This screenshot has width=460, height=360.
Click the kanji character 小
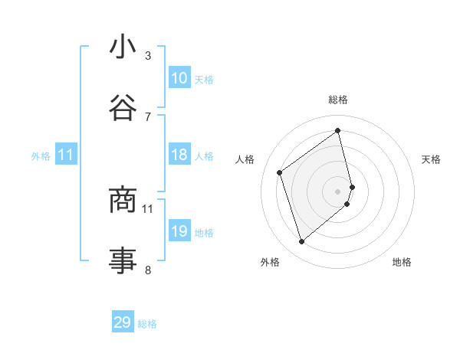click(123, 47)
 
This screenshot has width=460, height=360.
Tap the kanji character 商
click(123, 200)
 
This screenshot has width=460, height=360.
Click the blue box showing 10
click(179, 78)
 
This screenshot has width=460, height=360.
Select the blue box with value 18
click(179, 155)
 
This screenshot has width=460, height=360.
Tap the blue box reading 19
click(179, 231)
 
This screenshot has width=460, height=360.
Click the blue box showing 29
click(123, 322)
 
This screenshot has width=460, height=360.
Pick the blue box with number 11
click(66, 155)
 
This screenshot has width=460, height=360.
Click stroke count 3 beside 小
click(148, 55)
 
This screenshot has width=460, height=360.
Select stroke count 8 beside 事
click(148, 269)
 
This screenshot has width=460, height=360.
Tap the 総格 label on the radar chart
click(338, 100)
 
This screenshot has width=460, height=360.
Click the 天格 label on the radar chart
click(432, 159)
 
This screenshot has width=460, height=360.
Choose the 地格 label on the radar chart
click(402, 263)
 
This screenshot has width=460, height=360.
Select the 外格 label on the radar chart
click(270, 263)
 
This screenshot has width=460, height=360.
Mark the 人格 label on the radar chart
click(245, 159)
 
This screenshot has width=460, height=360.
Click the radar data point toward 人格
click(280, 172)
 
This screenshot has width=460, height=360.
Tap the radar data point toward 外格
click(301, 242)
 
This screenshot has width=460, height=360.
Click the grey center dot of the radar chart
click(338, 191)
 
